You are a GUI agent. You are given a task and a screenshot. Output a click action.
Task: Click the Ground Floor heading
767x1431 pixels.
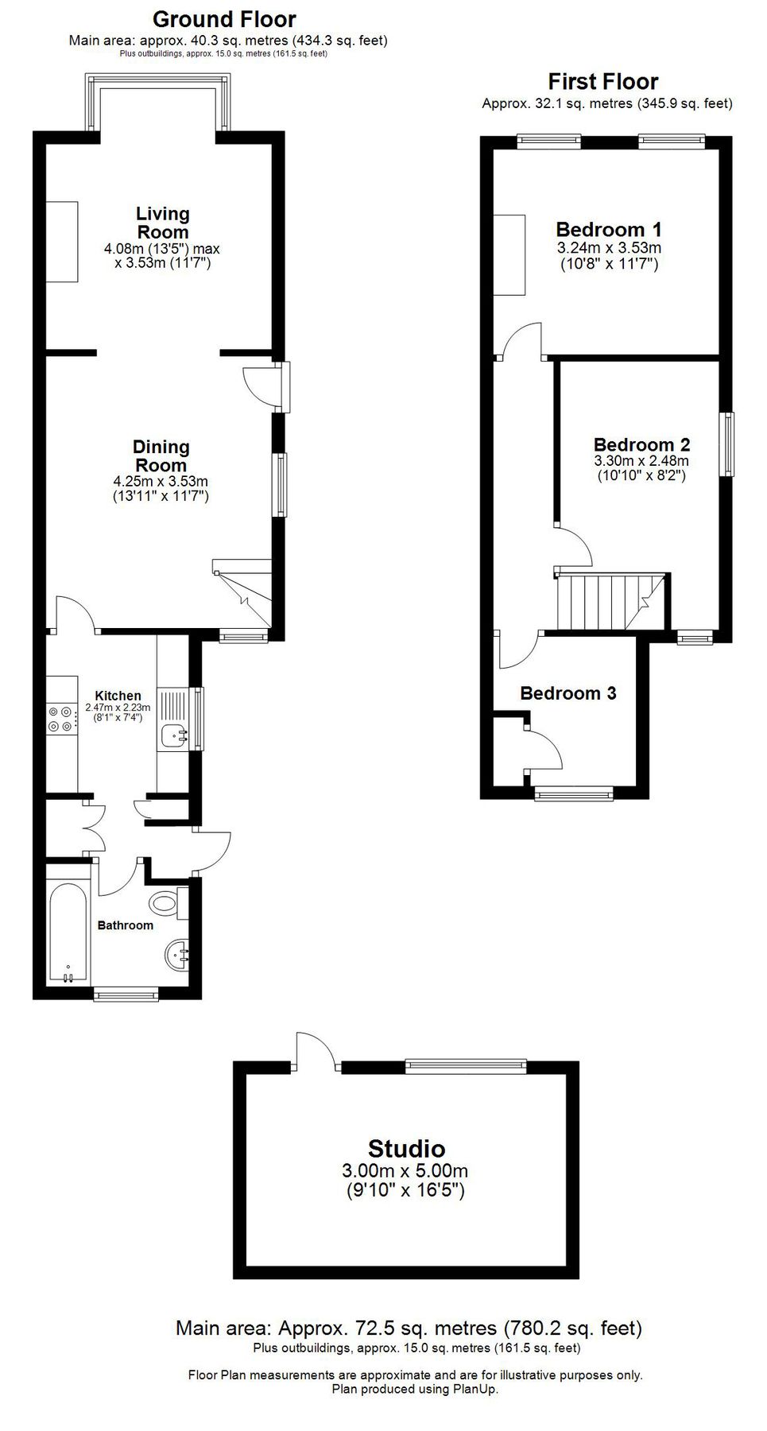coord(224,19)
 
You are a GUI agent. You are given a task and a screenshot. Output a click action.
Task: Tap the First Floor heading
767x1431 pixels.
coord(602,82)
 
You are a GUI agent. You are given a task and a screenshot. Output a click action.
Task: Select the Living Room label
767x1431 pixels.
coord(162,223)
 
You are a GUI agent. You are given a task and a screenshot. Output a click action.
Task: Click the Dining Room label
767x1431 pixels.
coord(161,456)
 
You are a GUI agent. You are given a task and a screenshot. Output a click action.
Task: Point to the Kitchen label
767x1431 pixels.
coord(118,696)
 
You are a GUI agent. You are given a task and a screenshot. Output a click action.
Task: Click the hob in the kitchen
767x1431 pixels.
coord(60,719)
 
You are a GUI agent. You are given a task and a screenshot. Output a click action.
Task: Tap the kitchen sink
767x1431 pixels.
coord(174,736)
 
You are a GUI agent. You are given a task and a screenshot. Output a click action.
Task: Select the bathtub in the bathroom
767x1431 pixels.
coord(68,931)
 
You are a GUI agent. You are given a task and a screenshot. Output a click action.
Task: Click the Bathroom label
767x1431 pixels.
coord(125,925)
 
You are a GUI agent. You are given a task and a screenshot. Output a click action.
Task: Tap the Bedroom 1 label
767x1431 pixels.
coord(608,230)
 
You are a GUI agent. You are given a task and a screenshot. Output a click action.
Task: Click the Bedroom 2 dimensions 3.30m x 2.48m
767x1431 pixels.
coord(641,461)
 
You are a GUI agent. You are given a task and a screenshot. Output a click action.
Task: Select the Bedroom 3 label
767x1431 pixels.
coord(568,693)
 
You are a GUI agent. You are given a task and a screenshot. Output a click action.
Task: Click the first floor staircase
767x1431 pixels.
coord(608,602)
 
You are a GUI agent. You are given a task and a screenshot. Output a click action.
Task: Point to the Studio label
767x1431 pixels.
coord(405,1148)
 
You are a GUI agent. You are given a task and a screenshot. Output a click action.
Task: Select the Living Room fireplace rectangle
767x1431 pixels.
coord(61,242)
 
